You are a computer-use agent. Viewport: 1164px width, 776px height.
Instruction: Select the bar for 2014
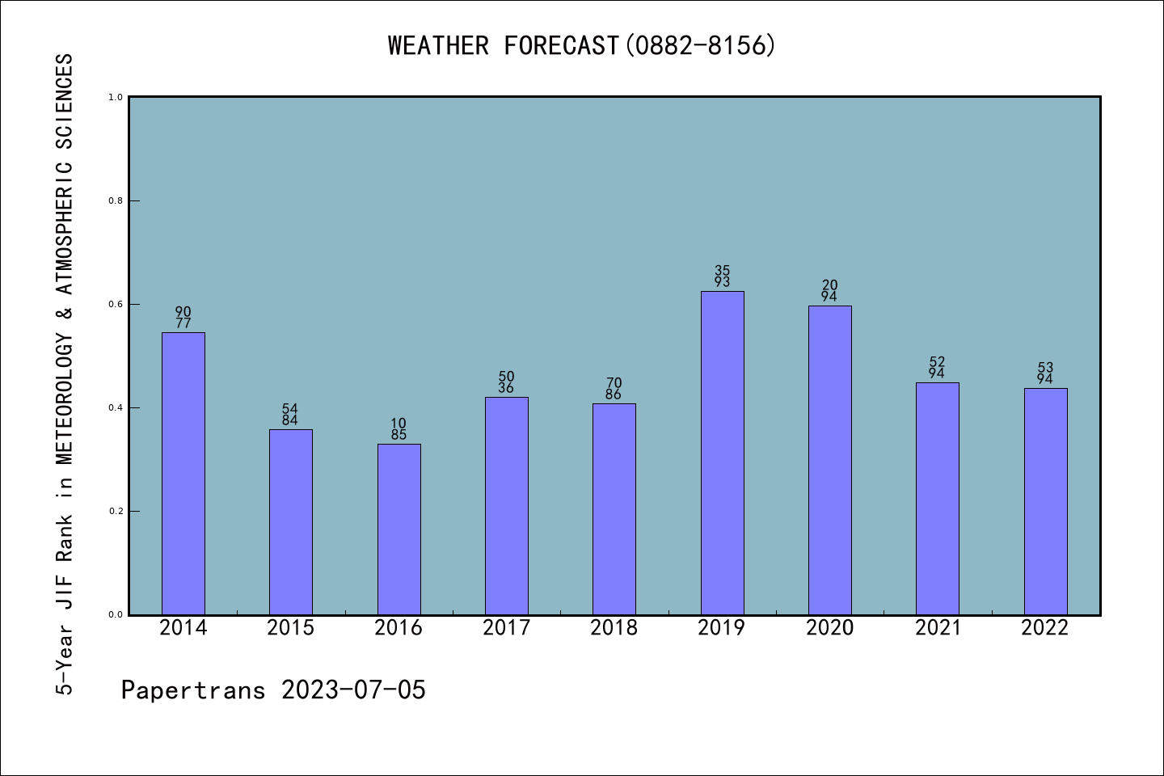[183, 473]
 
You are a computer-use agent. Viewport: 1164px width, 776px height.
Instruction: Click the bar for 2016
[399, 529]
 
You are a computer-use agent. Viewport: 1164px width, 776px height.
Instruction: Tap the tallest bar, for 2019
[722, 453]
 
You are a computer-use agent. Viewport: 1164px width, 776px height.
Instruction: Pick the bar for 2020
[829, 460]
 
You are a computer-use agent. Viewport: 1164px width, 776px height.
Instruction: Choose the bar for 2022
[1045, 501]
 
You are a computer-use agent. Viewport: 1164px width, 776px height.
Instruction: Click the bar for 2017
[506, 505]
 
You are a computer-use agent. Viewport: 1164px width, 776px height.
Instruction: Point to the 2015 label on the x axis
[291, 628]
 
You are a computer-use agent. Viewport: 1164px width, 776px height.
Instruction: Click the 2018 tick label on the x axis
[614, 628]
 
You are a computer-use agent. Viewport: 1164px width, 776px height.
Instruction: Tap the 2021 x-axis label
[938, 628]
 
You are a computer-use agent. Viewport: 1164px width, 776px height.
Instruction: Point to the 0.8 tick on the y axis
[116, 200]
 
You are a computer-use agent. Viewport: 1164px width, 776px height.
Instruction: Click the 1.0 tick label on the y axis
[116, 97]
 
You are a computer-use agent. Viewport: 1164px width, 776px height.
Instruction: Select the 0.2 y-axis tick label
[116, 511]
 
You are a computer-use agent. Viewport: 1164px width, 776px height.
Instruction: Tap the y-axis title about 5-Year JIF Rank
[65, 373]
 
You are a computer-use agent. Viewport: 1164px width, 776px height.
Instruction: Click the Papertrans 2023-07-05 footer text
[273, 690]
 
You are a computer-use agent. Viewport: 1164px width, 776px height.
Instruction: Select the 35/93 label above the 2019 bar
[722, 276]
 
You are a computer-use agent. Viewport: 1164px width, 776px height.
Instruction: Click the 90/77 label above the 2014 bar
[183, 318]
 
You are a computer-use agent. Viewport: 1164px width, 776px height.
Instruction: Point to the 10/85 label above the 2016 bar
[399, 429]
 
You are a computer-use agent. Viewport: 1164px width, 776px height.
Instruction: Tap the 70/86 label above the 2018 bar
[614, 389]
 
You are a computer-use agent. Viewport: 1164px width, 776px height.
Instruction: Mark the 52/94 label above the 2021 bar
[938, 368]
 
